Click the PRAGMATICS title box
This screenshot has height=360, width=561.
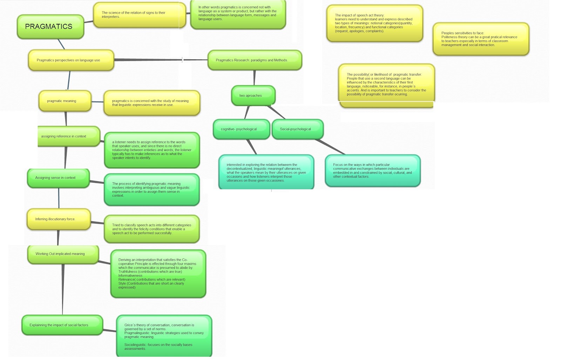[x=50, y=27]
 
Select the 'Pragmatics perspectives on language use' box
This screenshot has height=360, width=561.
[x=71, y=60]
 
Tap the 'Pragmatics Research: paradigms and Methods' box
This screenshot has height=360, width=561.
[x=255, y=60]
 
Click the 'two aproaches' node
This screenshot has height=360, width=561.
[x=253, y=95]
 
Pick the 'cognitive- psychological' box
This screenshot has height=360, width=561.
[x=241, y=129]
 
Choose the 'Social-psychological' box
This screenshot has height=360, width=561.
[x=297, y=129]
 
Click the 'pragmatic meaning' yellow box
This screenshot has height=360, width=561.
[x=65, y=101]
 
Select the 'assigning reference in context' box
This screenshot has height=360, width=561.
[x=68, y=136]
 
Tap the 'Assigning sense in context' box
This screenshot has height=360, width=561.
[x=58, y=178]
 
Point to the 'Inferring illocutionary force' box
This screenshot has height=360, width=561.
[x=59, y=219]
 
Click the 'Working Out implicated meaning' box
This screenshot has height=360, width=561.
[x=63, y=254]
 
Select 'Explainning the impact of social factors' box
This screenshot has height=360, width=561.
[x=62, y=325]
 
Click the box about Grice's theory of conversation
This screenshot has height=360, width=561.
[x=164, y=337]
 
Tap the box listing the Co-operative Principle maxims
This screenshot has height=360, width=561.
[x=158, y=274]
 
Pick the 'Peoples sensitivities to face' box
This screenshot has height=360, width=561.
[x=481, y=39]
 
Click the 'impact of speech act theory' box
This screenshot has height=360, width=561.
[x=374, y=23]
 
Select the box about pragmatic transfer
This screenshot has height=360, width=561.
[x=386, y=84]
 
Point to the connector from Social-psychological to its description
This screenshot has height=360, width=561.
[x=330, y=147]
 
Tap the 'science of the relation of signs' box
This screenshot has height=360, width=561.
[x=139, y=15]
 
